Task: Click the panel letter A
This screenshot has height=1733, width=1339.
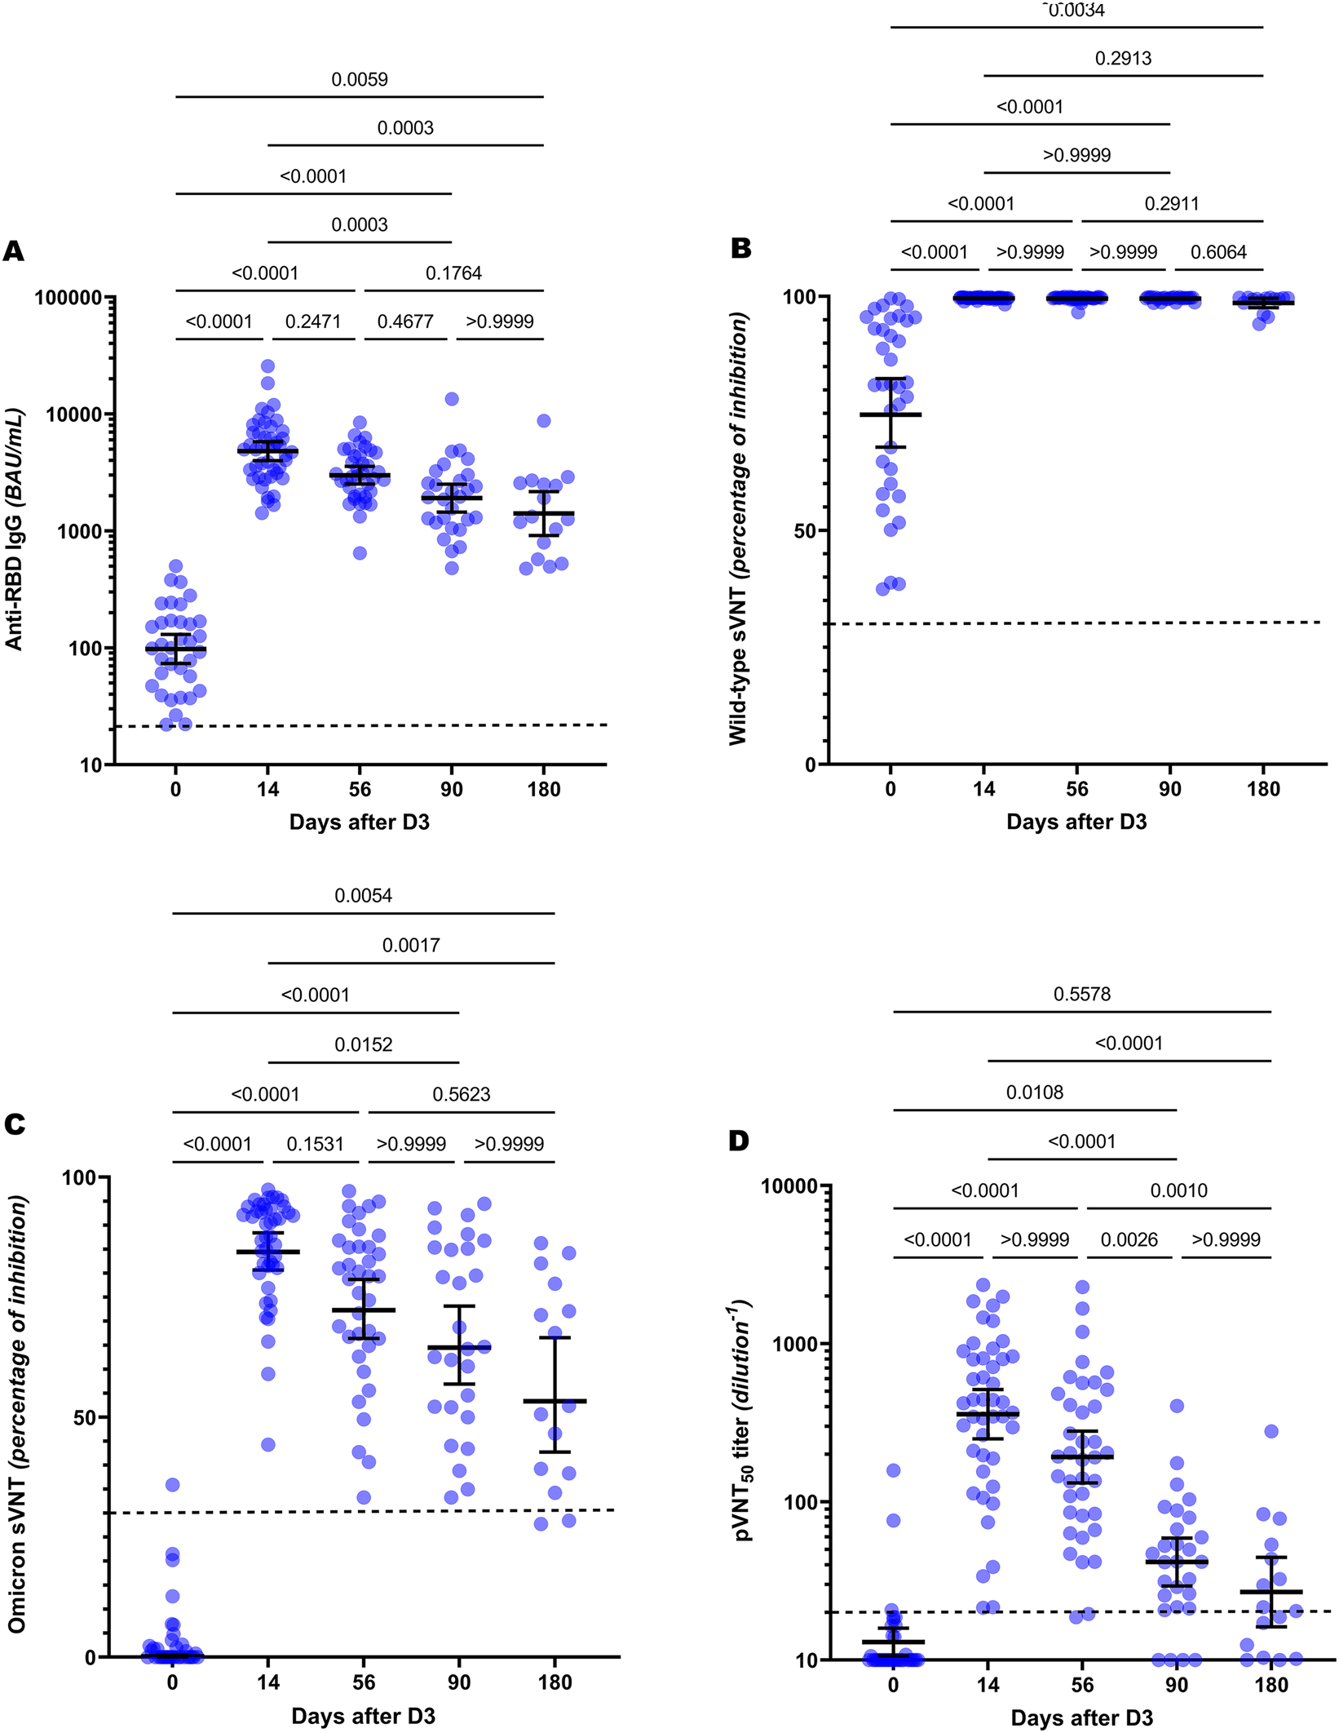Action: tap(13, 251)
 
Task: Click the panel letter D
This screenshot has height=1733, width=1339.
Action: tap(739, 1141)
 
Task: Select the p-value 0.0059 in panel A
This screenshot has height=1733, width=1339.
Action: tap(359, 80)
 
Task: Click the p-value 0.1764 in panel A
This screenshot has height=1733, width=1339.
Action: tap(453, 273)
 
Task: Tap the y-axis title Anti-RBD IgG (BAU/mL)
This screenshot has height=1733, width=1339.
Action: tap(14, 530)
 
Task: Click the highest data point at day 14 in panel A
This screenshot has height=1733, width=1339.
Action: tap(267, 366)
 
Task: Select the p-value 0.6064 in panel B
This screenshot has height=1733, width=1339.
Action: tap(1218, 253)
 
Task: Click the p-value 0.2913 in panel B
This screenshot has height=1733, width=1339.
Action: tap(1123, 59)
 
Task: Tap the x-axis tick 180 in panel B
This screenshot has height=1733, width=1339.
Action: tap(1263, 789)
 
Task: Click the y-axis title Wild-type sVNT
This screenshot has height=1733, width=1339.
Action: tap(738, 530)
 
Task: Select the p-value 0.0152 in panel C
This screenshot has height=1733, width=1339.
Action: tap(363, 1045)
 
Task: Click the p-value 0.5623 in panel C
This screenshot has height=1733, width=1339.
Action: tap(461, 1095)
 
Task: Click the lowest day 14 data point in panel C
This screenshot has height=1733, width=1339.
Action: tap(267, 1445)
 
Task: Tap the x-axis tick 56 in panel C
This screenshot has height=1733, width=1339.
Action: tap(364, 1682)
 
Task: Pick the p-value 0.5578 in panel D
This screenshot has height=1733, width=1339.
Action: tap(1081, 995)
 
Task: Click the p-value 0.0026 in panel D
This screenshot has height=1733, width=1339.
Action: tap(1129, 1240)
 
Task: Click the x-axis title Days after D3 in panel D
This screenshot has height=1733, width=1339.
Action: tap(1081, 1718)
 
